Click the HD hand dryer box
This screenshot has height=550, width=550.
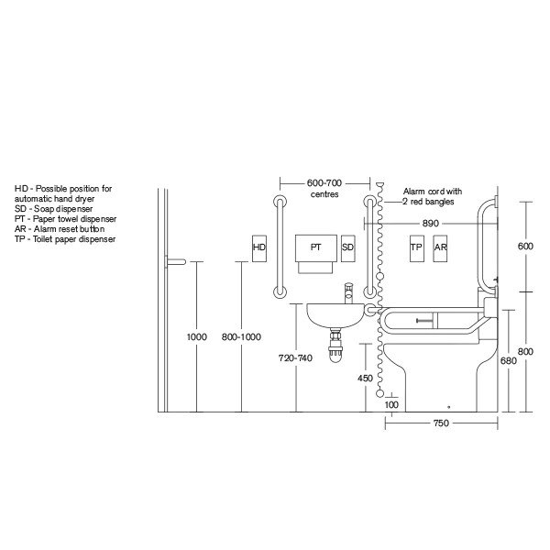[x=258, y=247]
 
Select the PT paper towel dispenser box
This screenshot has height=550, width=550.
[x=315, y=247]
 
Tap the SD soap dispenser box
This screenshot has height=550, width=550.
[x=347, y=247]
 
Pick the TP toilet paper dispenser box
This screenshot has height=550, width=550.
[x=415, y=247]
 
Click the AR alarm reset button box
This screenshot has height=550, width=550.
[x=440, y=247]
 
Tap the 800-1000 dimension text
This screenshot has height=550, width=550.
[x=242, y=337]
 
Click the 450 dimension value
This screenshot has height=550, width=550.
[x=365, y=377]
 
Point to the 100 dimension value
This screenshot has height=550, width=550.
[x=392, y=404]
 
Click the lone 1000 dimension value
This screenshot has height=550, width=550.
[x=196, y=337]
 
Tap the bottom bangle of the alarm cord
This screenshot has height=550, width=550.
[x=381, y=393]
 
